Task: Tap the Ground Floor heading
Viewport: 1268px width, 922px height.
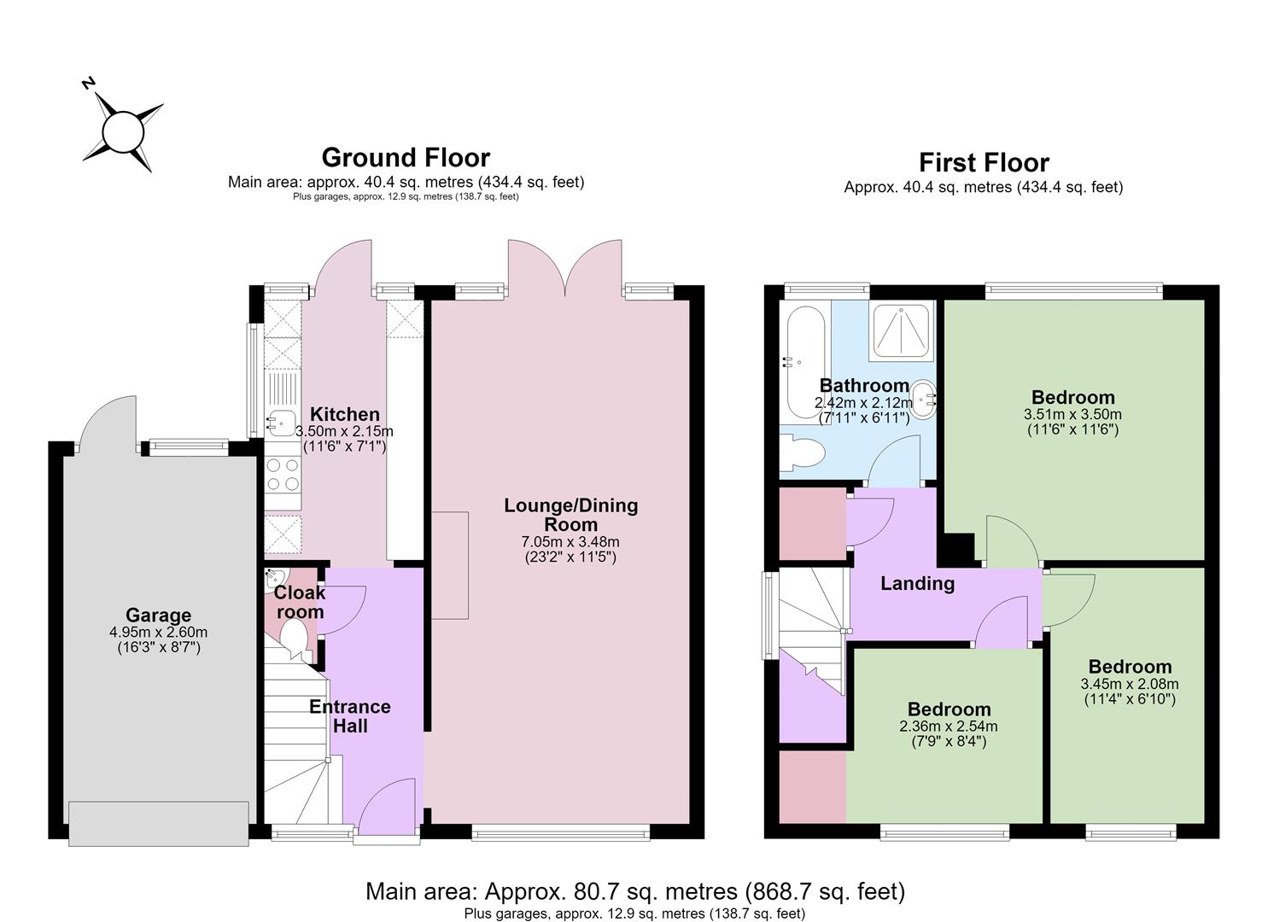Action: (x=406, y=157)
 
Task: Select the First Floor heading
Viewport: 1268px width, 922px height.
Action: (x=984, y=162)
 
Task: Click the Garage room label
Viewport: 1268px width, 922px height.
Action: (x=158, y=615)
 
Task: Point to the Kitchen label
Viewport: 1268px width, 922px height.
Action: (x=344, y=414)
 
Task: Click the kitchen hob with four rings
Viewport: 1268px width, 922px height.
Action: (x=283, y=476)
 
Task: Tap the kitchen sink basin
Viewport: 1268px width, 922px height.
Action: (x=281, y=423)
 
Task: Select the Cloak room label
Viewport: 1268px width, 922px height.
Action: (x=300, y=602)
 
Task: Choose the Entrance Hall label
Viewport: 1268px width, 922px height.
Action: (x=350, y=716)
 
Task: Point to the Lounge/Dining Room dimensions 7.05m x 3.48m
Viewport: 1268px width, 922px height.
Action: (x=570, y=541)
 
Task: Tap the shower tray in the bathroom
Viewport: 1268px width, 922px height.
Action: (x=901, y=332)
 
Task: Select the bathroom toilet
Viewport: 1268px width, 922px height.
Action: (x=801, y=452)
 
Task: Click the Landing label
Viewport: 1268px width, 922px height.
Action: (x=917, y=583)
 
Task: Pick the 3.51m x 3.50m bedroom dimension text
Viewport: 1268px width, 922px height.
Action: (x=1072, y=414)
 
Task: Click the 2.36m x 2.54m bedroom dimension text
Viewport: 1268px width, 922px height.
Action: (x=949, y=727)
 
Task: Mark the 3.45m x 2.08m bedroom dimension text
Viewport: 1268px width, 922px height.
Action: (x=1130, y=684)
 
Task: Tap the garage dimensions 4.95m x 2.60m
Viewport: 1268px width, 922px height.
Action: (x=159, y=632)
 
